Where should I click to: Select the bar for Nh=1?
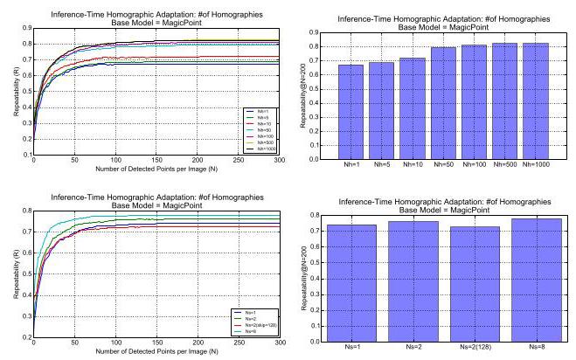pyautogui.click(x=352, y=110)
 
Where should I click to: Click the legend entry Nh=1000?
pyautogui.click(x=260, y=149)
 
